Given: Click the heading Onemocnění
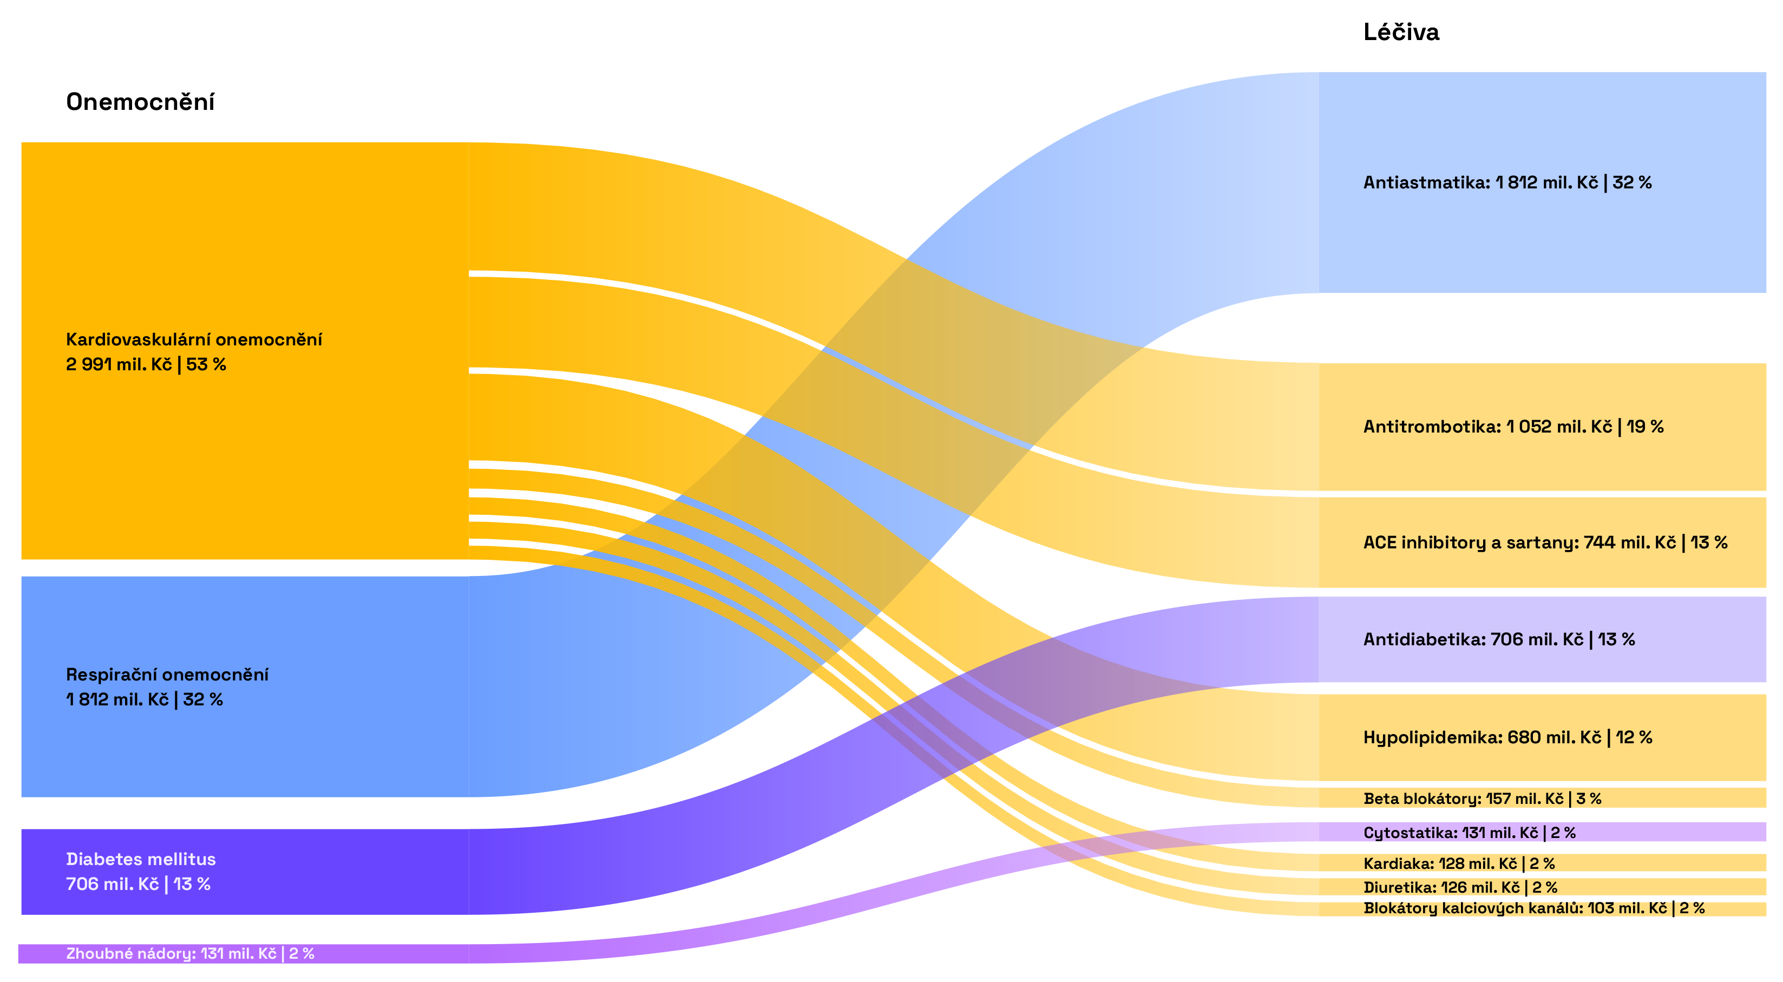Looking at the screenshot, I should [140, 102].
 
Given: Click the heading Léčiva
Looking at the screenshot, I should [1401, 32].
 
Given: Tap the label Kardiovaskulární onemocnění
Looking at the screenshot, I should [194, 339].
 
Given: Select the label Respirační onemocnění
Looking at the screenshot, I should [167, 674].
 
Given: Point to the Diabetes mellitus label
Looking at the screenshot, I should [141, 859].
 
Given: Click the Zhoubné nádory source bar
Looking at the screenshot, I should [242, 954].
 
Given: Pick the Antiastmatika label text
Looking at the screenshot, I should [1426, 182].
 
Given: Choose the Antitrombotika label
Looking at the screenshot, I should [1431, 426].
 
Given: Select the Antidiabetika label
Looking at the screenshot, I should [1425, 639].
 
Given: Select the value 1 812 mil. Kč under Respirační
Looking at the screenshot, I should [117, 699].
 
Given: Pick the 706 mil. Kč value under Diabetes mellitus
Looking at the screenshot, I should [112, 885].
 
